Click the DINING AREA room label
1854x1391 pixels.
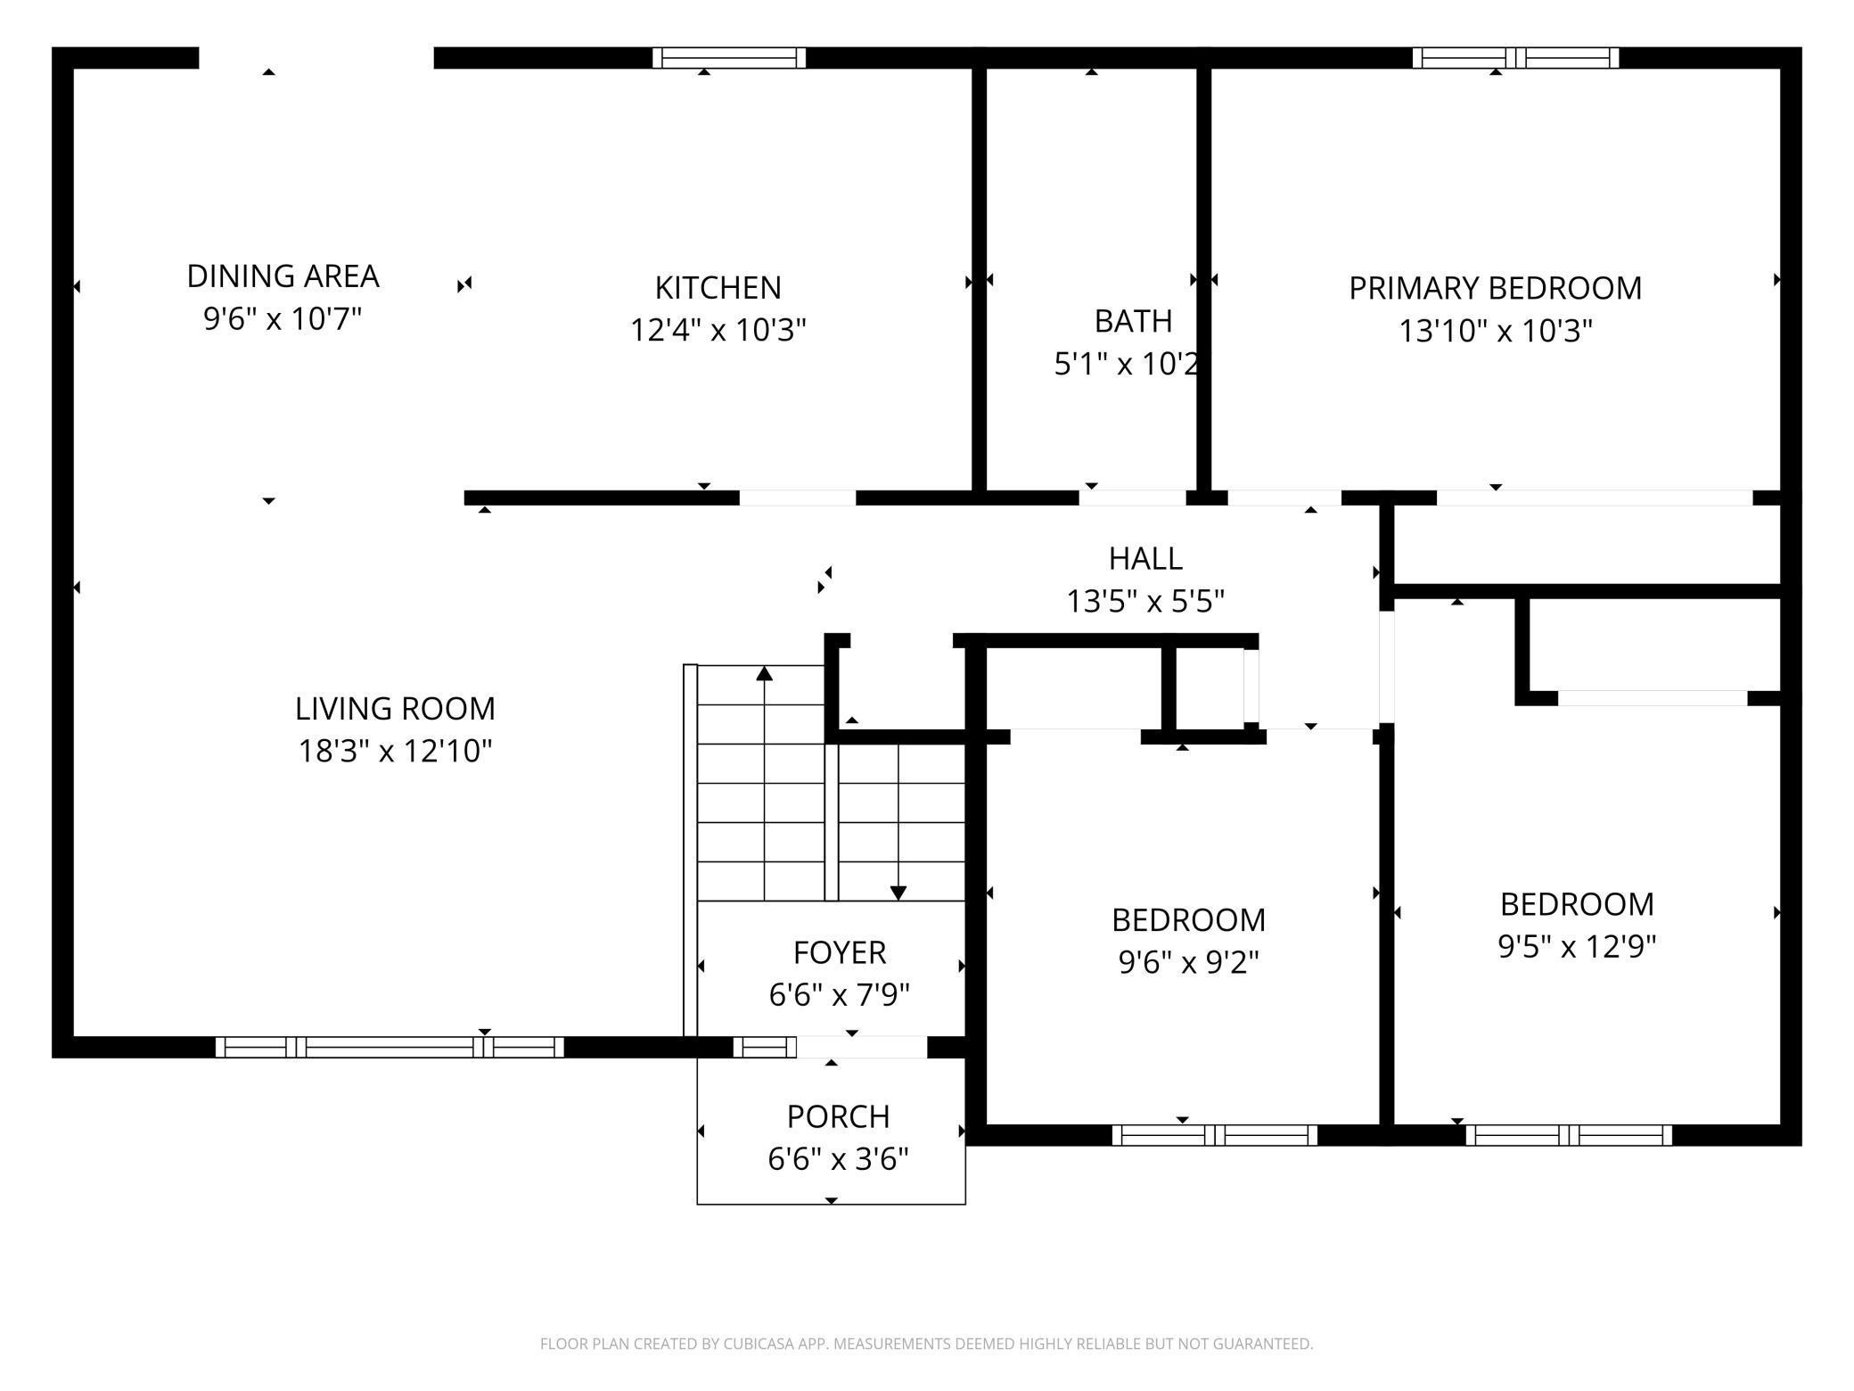tap(283, 276)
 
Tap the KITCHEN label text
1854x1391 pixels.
tap(718, 288)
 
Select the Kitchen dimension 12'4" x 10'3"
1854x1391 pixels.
tap(718, 330)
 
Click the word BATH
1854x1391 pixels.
tap(1133, 321)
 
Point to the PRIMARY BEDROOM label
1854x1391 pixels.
tap(1495, 288)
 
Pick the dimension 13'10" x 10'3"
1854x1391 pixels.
tap(1495, 331)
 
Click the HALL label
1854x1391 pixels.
tap(1145, 559)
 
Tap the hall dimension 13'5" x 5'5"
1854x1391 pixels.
tap(1145, 602)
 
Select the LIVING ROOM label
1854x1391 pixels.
tap(395, 709)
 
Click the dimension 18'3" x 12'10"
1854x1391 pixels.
tap(395, 751)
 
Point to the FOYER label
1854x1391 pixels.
tap(840, 952)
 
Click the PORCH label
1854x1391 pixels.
tap(838, 1116)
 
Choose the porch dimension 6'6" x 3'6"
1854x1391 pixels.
tap(838, 1159)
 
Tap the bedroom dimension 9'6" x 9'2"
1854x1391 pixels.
tap(1188, 962)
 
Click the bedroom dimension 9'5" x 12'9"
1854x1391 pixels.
tap(1577, 946)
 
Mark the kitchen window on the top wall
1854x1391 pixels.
tap(729, 58)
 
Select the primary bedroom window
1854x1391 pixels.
tap(1516, 58)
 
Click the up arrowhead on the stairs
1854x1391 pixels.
tap(764, 673)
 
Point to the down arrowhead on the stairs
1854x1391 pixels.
tap(898, 893)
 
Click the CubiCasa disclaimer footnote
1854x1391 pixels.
tap(927, 1343)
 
